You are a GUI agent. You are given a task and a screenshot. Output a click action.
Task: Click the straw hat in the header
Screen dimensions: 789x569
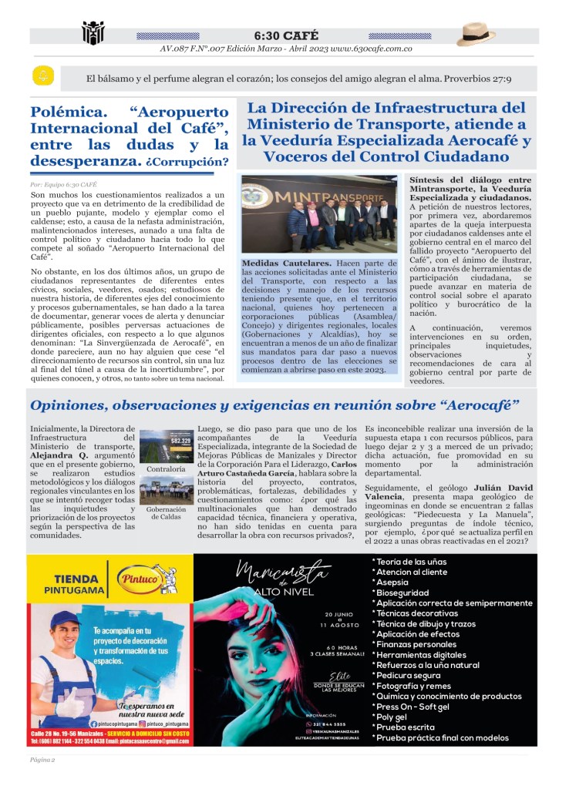(476, 33)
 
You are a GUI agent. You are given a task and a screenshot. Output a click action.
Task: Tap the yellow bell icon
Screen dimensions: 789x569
(43, 76)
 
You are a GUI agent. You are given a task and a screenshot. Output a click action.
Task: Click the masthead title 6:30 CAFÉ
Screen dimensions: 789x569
(285, 35)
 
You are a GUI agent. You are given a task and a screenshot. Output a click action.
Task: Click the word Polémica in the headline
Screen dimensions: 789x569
(65, 112)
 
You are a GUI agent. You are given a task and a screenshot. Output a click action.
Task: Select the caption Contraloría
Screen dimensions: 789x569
(166, 468)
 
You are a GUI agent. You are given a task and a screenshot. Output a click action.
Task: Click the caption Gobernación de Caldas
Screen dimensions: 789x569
(166, 512)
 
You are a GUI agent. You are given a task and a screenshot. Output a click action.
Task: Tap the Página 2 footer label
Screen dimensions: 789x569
(42, 760)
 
